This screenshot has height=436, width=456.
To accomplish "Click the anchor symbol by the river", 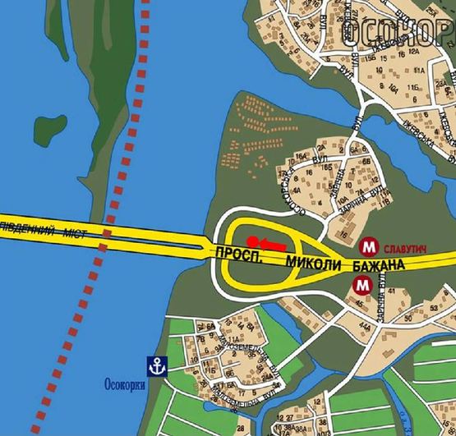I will point(153,364).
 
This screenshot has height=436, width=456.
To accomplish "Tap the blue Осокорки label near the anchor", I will point(126,383).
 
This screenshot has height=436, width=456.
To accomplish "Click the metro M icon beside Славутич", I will point(369,245).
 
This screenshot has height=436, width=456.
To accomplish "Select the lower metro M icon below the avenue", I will point(361,286).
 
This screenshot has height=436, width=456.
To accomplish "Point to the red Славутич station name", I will point(404,245).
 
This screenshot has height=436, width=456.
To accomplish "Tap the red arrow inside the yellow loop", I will point(271,243).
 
